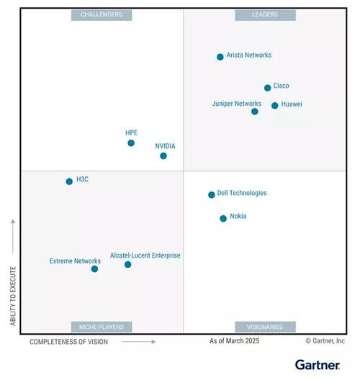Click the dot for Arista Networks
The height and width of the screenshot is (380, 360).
tap(220, 57)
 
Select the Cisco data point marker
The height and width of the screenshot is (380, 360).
tap(267, 88)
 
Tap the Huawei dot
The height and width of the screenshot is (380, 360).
tap(274, 106)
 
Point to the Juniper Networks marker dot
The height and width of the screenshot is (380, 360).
tap(254, 112)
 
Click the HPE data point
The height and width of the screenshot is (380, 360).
tap(131, 143)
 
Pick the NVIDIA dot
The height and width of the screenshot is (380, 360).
tap(163, 156)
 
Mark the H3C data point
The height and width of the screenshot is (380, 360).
tap(69, 181)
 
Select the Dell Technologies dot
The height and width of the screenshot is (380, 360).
tap(211, 195)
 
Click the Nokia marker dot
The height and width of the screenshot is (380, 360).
tap(223, 218)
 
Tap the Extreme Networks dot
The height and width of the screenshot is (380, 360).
tap(94, 269)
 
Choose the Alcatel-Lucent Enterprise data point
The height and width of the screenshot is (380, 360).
tap(127, 265)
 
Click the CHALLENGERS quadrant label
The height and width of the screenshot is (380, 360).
tap(101, 15)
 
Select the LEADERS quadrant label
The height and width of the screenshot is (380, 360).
tap(265, 15)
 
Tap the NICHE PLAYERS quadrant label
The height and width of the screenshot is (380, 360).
tap(101, 327)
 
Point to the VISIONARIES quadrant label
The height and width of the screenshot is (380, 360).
tap(265, 327)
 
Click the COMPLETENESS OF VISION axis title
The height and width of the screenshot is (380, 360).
tap(68, 342)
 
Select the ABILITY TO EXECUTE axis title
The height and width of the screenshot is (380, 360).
tap(13, 296)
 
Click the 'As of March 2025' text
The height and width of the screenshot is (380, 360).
tap(234, 341)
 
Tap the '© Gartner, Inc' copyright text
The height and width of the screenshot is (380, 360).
tap(325, 341)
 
